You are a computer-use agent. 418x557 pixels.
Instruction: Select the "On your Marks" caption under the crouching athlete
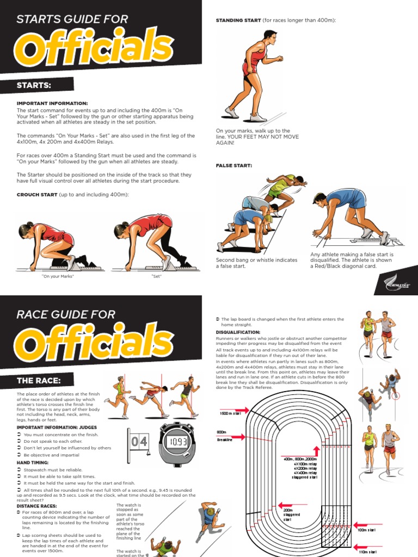tap(58, 276)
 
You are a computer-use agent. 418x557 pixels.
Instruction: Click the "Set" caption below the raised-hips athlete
tap(157, 276)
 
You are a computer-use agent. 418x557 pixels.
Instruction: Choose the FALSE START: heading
tap(234, 165)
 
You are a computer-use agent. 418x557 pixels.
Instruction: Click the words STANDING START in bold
tap(238, 20)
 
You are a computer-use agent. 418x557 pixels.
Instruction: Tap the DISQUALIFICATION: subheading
tap(238, 332)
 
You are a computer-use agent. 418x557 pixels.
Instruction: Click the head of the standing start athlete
tap(269, 36)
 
